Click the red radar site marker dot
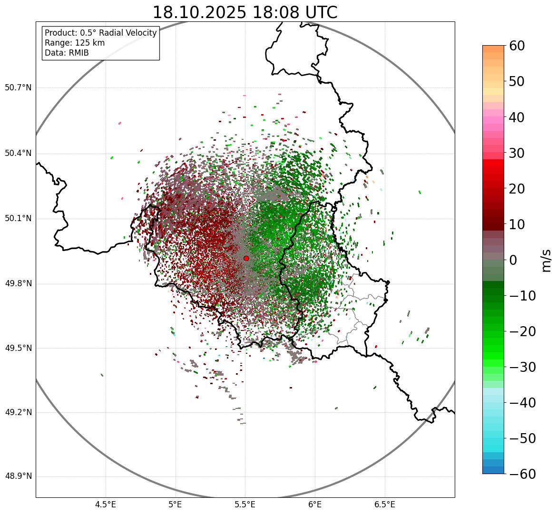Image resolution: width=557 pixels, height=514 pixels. (x=246, y=258)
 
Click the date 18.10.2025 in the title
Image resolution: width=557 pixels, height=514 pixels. (x=199, y=13)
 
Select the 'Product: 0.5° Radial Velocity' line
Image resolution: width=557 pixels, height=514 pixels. (x=100, y=33)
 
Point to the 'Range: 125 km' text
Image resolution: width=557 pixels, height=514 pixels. (x=75, y=43)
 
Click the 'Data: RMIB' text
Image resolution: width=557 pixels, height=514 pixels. (x=67, y=53)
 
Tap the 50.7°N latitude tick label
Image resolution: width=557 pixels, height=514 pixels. (x=18, y=88)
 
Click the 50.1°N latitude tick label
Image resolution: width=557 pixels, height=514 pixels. (x=18, y=219)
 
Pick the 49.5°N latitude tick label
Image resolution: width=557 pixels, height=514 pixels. (x=18, y=348)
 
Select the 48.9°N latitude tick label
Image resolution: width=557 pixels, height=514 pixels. (x=18, y=476)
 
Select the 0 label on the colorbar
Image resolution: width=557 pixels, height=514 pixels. (x=513, y=260)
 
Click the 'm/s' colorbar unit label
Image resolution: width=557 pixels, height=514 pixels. (x=546, y=260)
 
